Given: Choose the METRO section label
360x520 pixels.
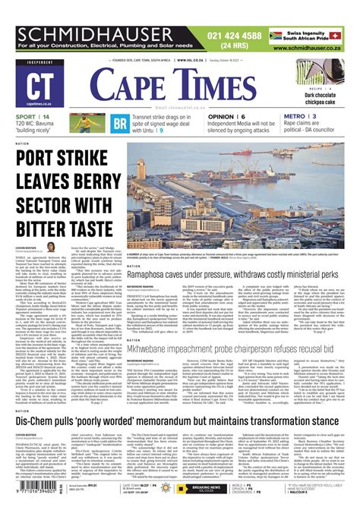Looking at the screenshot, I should [292, 116].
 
